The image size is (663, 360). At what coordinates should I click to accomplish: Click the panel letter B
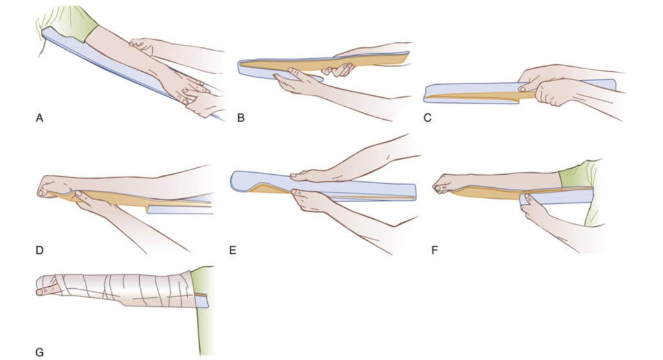pos(241,118)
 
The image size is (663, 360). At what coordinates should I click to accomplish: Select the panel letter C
pos(426,118)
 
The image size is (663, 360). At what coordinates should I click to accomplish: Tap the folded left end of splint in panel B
pos(245,67)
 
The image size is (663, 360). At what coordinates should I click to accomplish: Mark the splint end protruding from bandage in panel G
pos(202,300)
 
